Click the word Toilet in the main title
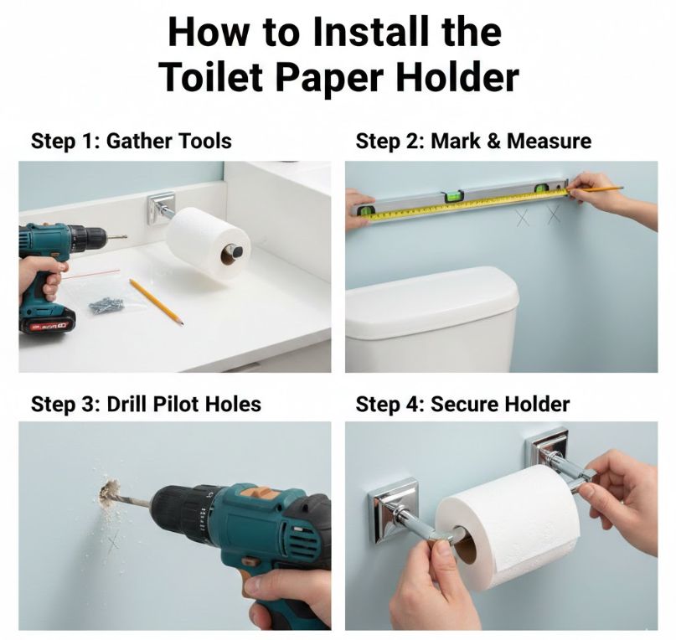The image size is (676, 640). (213, 77)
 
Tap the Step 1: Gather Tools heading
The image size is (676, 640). (132, 141)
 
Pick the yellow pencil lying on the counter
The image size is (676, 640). (157, 302)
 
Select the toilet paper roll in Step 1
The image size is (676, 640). (208, 244)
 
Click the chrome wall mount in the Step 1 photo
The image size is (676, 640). (161, 208)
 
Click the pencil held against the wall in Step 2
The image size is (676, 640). (595, 188)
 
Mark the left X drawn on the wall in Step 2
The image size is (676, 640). (523, 217)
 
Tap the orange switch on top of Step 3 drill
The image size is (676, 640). (257, 492)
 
